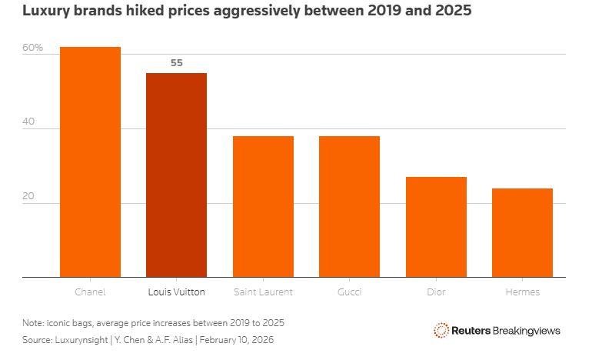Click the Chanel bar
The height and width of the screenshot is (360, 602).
(x=90, y=162)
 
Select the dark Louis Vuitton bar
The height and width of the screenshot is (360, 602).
(x=176, y=175)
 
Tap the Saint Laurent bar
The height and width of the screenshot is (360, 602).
(x=263, y=206)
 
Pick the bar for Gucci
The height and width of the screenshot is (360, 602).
(x=349, y=206)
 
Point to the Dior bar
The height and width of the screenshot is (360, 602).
(x=436, y=227)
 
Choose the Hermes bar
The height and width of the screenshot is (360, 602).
(x=522, y=232)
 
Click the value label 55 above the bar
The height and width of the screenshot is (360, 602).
(x=176, y=63)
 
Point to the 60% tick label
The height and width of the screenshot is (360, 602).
(x=32, y=48)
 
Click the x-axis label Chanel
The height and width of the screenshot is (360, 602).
(x=90, y=292)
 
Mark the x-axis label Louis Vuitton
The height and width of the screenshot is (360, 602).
(x=176, y=292)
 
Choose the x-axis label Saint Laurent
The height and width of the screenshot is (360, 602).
(x=263, y=292)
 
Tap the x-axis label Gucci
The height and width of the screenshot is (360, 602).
(x=349, y=292)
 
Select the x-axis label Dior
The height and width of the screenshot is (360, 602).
(x=436, y=292)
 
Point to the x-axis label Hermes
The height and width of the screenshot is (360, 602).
(x=522, y=292)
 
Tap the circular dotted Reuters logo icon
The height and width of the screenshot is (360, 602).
(x=441, y=330)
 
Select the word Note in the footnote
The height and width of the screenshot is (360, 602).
(x=32, y=322)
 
